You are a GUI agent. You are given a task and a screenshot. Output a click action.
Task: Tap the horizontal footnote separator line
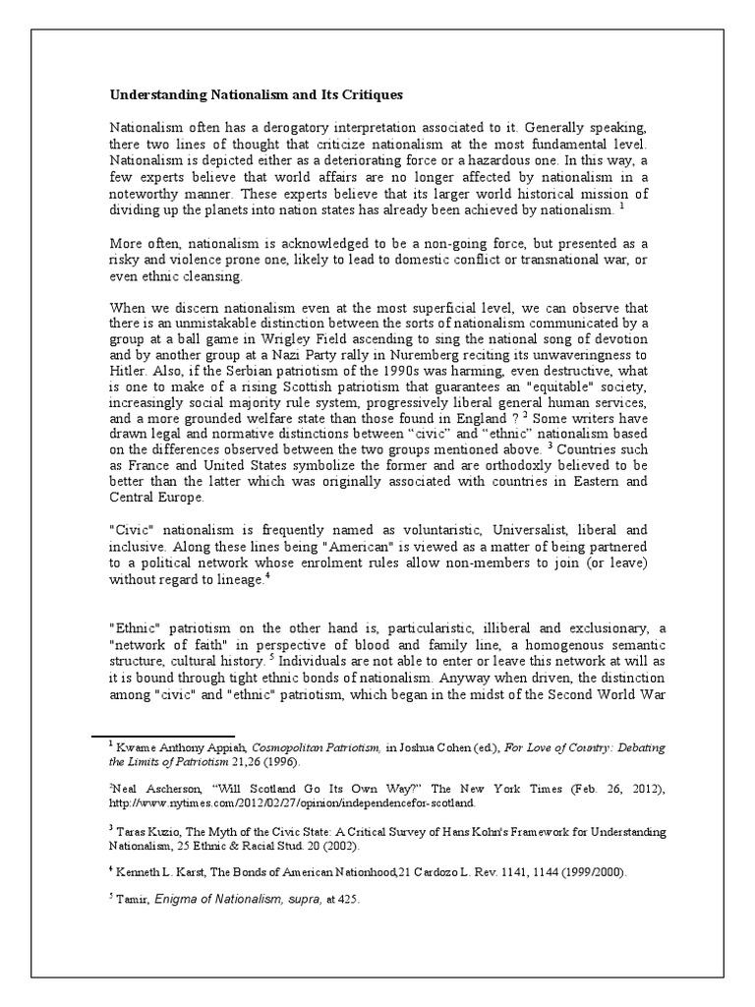tap(163, 735)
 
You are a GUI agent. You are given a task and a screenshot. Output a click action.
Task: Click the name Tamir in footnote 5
tap(131, 900)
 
